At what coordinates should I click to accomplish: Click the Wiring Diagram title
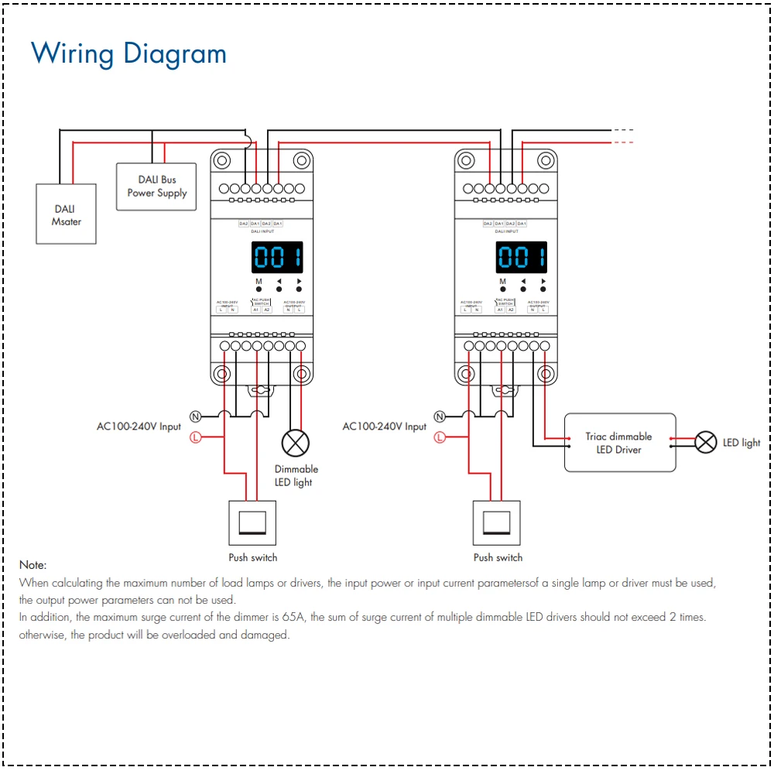[128, 54]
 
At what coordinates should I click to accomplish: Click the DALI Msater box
[67, 214]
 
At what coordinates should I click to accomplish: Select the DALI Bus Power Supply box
[157, 186]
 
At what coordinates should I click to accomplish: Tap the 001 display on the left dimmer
[278, 257]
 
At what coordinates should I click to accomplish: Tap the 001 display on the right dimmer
[522, 257]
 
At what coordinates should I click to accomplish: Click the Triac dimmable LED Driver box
[619, 443]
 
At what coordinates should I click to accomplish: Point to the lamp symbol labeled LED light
[706, 442]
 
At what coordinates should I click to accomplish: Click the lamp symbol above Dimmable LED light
[295, 444]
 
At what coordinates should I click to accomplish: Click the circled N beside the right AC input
[440, 416]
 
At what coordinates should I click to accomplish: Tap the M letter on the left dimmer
[259, 282]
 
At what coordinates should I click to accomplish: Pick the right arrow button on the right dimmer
[543, 282]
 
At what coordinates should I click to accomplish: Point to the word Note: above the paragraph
[33, 565]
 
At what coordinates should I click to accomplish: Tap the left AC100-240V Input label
[139, 426]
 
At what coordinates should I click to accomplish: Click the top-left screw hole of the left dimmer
[222, 161]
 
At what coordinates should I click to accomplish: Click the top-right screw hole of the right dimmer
[545, 161]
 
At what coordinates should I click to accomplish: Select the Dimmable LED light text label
[296, 475]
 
